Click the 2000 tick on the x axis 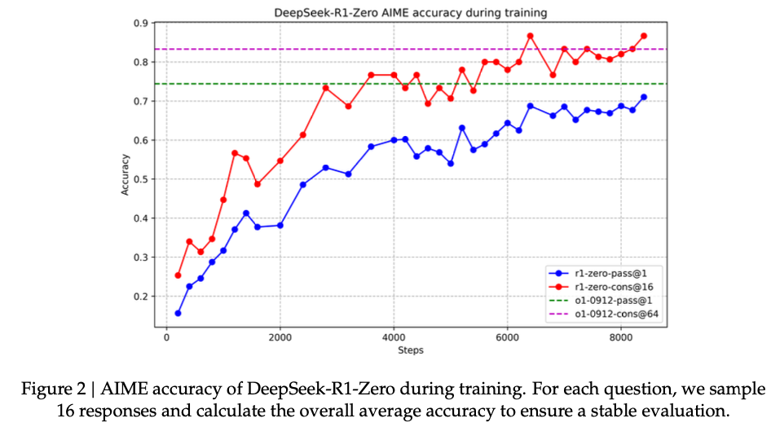(x=280, y=337)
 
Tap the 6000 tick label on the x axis (x=507, y=337)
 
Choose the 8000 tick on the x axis (x=621, y=337)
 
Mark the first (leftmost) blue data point (x=178, y=313)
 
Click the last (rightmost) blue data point (x=644, y=97)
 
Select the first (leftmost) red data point (x=178, y=275)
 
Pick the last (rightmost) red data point (x=644, y=36)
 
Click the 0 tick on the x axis (x=167, y=337)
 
